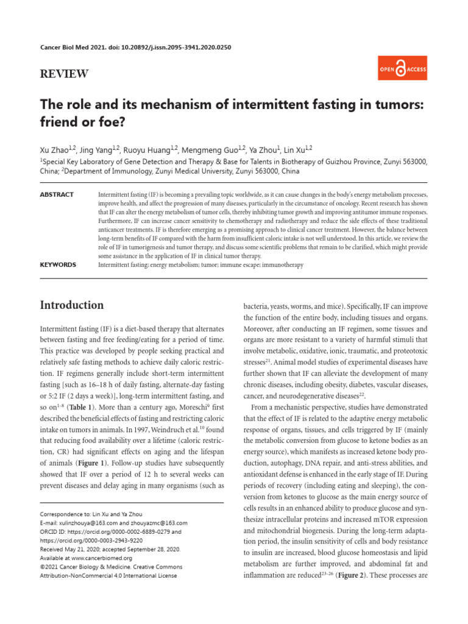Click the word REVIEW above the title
pyautogui.click(x=64, y=74)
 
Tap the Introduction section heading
pyautogui.click(x=71, y=305)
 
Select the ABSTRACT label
pyautogui.click(x=57, y=194)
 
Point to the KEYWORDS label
pyautogui.click(x=58, y=265)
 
